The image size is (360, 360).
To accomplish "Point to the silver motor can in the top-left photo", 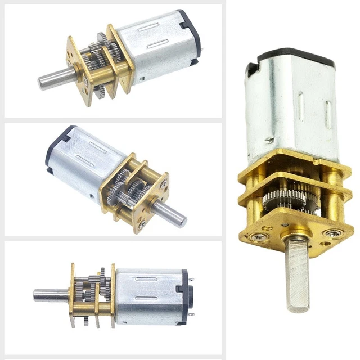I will (152, 45).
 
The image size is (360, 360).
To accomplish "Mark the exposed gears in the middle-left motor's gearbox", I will (121, 188).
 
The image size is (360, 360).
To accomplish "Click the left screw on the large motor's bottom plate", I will (259, 237).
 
